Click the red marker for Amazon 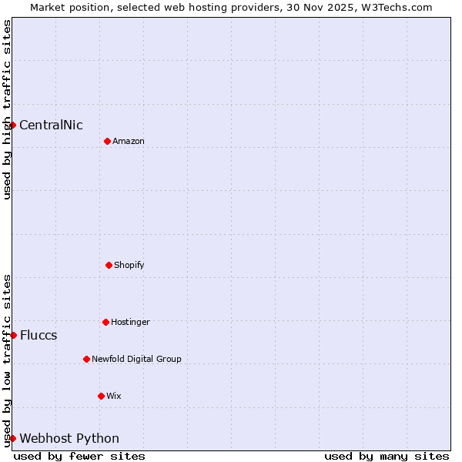pos(107,141)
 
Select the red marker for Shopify pos(109,265)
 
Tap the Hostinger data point pos(105,322)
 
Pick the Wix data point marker pos(101,396)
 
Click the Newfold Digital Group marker pos(86,359)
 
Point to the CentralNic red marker pos(13,125)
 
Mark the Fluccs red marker pos(13,335)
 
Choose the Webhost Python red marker pos(13,438)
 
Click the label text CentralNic pos(51,126)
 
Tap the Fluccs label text pos(38,336)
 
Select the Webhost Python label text pos(69,439)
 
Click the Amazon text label pos(129,142)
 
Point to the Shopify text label pos(129,266)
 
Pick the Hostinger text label pos(130,323)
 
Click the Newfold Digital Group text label pos(136,360)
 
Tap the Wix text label pos(114,397)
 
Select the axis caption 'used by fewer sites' pos(79,456)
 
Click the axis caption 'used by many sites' pos(387,456)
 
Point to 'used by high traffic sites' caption pos(7,109)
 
